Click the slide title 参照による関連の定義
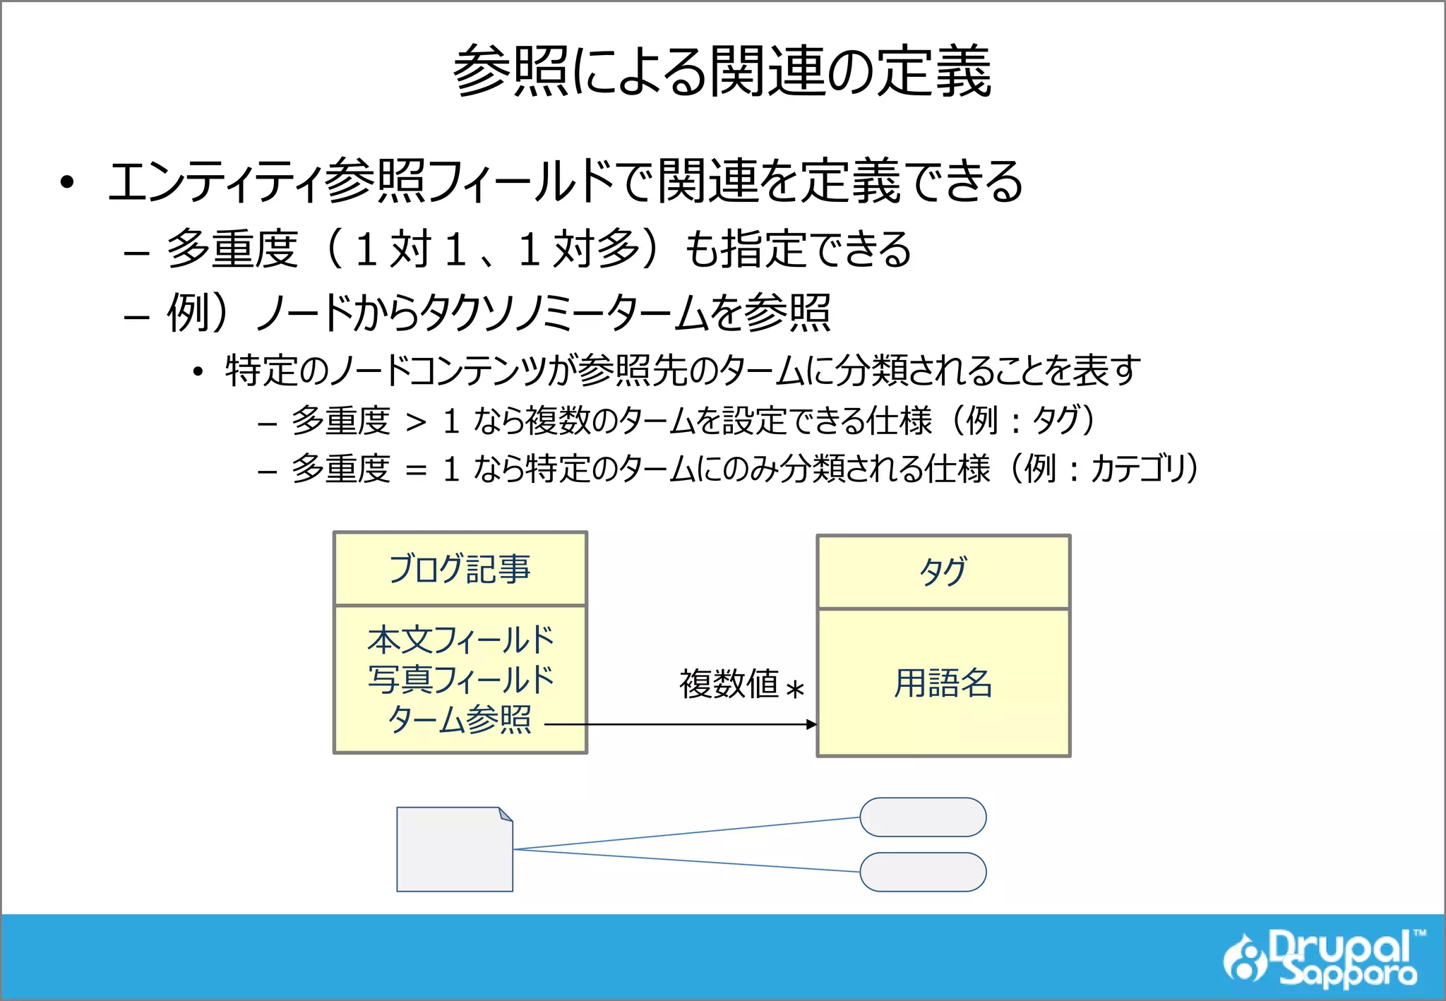click(722, 71)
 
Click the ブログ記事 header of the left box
click(460, 569)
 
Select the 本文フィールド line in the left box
click(460, 640)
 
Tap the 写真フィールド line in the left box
click(460, 679)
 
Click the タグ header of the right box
click(943, 572)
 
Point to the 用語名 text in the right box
click(943, 683)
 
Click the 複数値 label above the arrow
click(729, 683)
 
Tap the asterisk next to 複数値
click(795, 689)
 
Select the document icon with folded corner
click(455, 849)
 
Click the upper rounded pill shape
click(923, 817)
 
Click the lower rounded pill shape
click(923, 872)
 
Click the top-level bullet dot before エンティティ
click(67, 183)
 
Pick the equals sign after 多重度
click(416, 470)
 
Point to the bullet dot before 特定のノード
click(198, 372)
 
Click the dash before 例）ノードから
click(136, 316)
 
